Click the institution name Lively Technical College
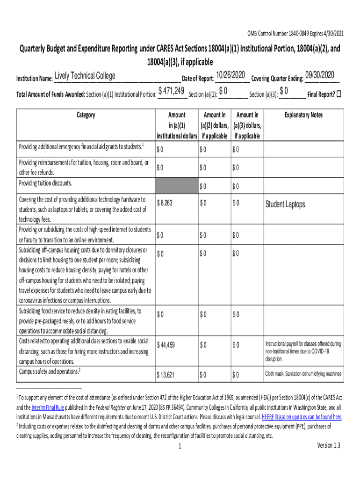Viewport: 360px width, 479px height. [85, 76]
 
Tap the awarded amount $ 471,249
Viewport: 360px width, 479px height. [171, 91]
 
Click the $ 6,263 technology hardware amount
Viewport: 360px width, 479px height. [165, 203]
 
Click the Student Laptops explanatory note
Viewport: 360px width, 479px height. [285, 204]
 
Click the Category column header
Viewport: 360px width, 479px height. [86, 115]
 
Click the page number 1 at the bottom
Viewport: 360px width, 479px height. [180, 446]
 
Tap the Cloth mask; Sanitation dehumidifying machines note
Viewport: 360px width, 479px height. [303, 374]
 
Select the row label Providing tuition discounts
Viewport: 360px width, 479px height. [45, 183]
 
